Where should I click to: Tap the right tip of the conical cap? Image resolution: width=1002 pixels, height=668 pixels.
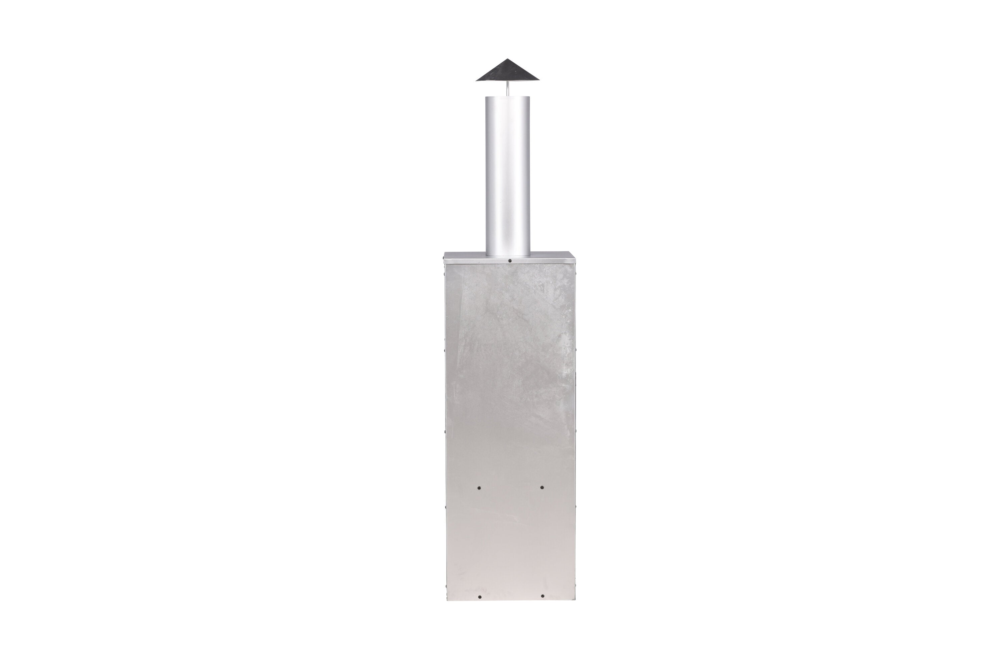[x=539, y=80]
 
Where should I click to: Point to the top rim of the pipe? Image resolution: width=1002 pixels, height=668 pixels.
[x=507, y=97]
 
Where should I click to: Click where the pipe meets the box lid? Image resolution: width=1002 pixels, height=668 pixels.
[x=507, y=256]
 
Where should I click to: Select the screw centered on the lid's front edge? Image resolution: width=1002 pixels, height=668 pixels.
[x=510, y=260]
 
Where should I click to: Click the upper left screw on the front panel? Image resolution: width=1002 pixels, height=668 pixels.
[x=479, y=487]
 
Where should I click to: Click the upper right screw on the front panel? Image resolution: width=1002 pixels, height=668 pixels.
[x=542, y=487]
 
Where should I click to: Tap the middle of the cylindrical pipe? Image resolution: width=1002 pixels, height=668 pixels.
[x=507, y=177]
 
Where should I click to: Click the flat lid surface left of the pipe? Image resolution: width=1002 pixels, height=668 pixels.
[x=465, y=255]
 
